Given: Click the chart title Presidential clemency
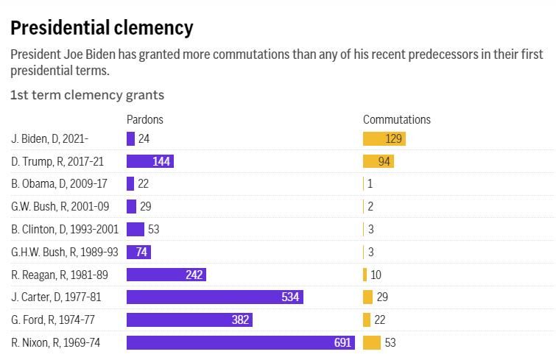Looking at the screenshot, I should pos(102,28).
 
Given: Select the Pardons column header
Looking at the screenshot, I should pos(145,119).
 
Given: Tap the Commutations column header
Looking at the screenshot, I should pos(397,119).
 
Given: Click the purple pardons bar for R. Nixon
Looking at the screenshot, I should pos(240,342).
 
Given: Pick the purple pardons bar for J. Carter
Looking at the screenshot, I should pos(214,297).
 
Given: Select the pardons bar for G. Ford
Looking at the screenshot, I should pos(189,320).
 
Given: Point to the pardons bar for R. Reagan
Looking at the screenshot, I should pos(166,275).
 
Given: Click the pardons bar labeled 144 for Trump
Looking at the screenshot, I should pos(149,161).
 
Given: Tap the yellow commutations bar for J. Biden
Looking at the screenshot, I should pos(384,138).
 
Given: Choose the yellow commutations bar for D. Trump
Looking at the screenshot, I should pos(379,161).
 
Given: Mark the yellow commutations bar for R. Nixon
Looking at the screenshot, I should pos(372,342).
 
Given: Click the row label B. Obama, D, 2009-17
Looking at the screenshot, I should pos(59,184).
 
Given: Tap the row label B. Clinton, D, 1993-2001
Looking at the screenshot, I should pos(65,229).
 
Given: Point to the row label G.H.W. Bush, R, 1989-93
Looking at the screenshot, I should pos(65,252).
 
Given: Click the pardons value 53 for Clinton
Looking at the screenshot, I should pos(153,229).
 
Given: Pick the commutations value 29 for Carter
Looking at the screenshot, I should pos(381,297).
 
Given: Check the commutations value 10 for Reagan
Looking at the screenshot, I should pos(376,275).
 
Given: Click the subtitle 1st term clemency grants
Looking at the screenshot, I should pos(87,95).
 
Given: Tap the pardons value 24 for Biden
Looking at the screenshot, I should pos(144,138).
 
